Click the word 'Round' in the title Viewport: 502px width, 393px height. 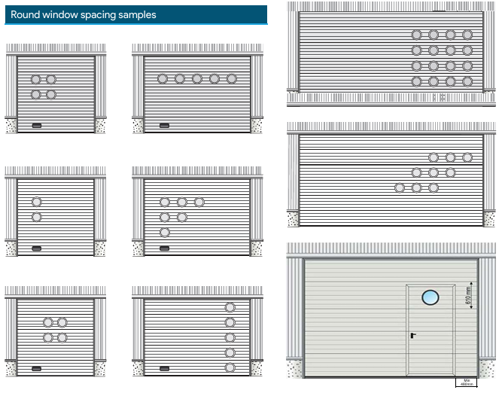(26, 15)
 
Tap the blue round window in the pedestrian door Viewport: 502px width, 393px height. (430, 297)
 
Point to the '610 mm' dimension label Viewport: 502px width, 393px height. (467, 297)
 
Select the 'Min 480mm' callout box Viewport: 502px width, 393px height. (467, 382)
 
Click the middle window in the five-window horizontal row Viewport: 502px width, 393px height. (197, 78)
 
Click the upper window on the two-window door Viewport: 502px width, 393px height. (36, 202)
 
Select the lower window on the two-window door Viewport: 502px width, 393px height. (36, 217)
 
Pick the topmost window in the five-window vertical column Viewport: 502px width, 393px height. (230, 307)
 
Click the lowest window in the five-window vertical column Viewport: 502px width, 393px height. (230, 367)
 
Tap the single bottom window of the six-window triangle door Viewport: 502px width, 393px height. (165, 232)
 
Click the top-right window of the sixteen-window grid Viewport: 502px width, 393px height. (467, 35)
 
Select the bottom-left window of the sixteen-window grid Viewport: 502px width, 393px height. (416, 81)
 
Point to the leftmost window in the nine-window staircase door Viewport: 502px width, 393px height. (400, 187)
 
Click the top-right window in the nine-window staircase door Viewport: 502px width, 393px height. (467, 157)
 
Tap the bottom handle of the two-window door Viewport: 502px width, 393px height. (36, 248)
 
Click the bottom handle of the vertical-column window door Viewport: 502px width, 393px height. (164, 369)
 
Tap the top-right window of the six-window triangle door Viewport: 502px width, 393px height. (199, 202)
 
